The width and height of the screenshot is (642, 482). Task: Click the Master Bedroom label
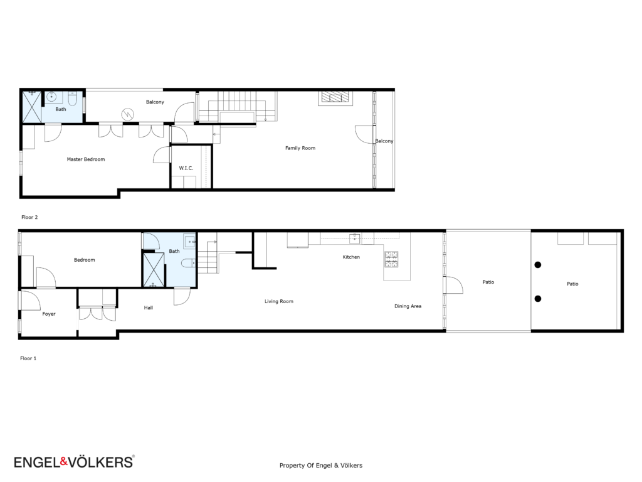(86, 159)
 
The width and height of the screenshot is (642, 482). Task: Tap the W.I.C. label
(186, 168)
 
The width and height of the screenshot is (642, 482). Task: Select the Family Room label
(300, 148)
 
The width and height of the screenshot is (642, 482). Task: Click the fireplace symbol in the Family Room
(335, 97)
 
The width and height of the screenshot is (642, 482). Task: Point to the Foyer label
(49, 314)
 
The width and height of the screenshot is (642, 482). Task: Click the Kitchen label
(351, 257)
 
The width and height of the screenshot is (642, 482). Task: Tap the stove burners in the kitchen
(391, 259)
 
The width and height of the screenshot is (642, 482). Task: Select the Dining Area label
(408, 306)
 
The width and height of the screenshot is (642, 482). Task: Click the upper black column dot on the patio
(538, 265)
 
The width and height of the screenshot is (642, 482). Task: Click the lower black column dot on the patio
(538, 299)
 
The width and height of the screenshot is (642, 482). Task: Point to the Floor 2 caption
(29, 217)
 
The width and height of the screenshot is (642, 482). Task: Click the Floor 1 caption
(28, 358)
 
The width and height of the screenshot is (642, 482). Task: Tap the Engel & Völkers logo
(74, 462)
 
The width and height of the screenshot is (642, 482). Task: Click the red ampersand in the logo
(63, 462)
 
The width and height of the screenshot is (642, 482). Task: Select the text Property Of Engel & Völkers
(321, 466)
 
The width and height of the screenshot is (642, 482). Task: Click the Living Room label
(279, 301)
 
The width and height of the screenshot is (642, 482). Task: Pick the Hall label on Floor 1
(148, 308)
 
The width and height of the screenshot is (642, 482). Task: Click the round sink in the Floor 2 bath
(51, 97)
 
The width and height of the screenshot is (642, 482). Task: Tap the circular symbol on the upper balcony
(128, 114)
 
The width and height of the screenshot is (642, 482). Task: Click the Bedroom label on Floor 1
(85, 260)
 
